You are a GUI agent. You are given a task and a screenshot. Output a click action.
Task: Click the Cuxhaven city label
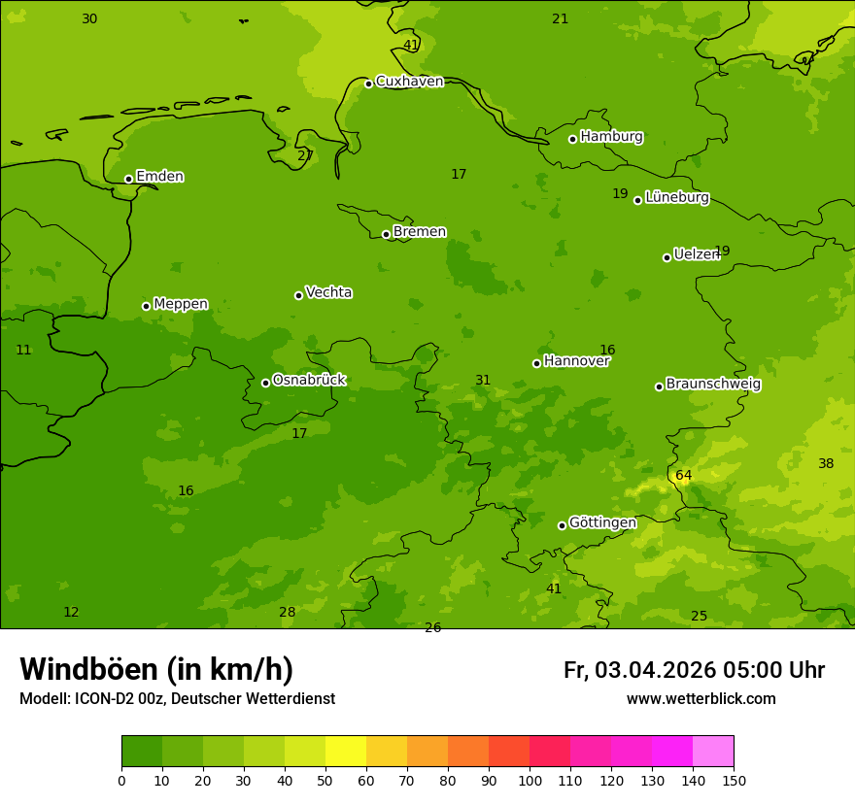tap(409, 82)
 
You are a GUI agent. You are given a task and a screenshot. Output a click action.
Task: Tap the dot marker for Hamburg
tap(572, 139)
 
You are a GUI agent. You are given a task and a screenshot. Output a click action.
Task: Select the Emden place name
tap(159, 177)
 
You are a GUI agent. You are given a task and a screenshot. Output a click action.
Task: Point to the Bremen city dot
tap(386, 234)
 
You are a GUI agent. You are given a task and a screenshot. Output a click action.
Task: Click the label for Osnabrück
tap(309, 381)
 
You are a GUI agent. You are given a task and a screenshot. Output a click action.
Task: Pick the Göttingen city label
tap(602, 523)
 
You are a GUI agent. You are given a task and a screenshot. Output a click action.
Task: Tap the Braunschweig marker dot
tap(659, 386)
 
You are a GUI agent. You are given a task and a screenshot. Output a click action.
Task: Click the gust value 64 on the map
tap(683, 476)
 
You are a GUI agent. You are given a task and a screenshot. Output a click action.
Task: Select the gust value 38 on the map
tap(826, 464)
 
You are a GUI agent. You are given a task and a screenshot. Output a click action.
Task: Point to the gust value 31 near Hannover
tap(483, 381)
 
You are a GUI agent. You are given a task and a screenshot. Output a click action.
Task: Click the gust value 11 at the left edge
tap(23, 351)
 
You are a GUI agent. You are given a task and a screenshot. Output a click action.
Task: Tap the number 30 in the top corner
tap(89, 19)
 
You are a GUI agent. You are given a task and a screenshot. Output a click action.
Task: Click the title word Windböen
tap(88, 670)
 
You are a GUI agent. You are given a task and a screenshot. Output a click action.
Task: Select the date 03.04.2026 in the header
tap(655, 671)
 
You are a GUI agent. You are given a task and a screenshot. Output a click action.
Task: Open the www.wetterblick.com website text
tap(701, 699)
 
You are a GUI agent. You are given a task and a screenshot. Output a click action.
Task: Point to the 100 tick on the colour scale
tap(530, 780)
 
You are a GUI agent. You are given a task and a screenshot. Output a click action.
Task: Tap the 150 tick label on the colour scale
tap(734, 780)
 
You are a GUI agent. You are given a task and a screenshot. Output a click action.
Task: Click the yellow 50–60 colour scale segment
tap(346, 752)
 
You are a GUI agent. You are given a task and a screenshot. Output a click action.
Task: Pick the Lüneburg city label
tap(677, 198)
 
